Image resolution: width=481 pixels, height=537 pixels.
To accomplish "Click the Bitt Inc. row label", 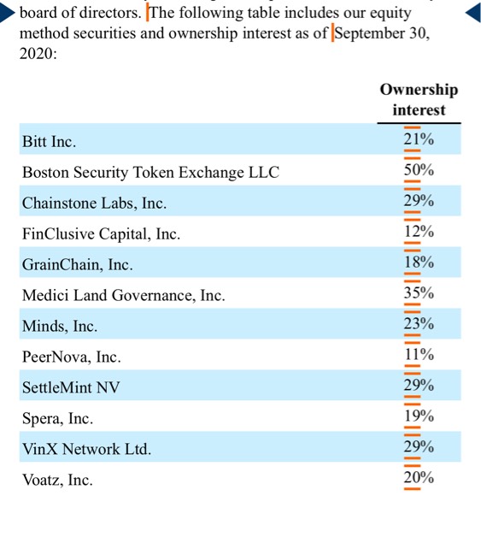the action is pos(50,141).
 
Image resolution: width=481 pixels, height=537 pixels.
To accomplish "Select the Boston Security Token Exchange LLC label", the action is pos(151,172).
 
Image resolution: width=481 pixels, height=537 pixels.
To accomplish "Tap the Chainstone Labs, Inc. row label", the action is pos(95,204).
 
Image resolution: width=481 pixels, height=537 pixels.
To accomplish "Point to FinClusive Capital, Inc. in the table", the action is pos(102,234).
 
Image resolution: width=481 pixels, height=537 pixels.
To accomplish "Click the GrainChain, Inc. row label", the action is pos(78,265).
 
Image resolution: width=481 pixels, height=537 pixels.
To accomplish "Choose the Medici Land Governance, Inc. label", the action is pos(124,295).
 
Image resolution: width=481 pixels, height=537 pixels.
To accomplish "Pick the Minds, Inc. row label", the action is pos(60,326).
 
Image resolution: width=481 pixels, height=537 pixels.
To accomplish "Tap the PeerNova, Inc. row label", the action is pos(72,357).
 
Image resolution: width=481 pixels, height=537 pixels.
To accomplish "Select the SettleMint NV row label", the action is pos(71,387).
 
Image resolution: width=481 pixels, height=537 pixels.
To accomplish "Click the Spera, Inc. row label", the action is pos(58,418).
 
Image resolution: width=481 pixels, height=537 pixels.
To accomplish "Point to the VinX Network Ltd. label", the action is pos(87,449).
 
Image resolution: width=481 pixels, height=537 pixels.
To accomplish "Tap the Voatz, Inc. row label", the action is pos(57,480).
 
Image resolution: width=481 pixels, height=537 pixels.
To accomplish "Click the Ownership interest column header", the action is pos(419,100).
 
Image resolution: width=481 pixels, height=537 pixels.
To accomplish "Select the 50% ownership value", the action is pos(419,170).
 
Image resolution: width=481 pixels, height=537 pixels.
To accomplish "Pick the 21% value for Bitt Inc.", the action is pos(419,139).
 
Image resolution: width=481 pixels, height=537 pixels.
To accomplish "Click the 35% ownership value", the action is pos(419,293).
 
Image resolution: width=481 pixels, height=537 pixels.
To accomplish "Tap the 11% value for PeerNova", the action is pos(419,355).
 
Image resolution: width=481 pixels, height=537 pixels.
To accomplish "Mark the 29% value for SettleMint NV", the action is pos(419,386).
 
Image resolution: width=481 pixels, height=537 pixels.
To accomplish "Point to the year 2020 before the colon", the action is pos(36,54).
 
